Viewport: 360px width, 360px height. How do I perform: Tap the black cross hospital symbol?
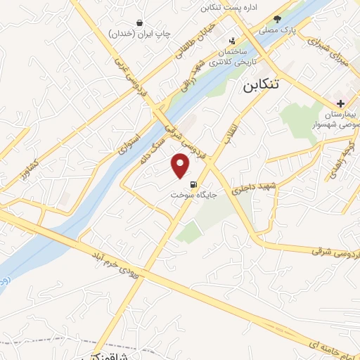tap(341, 103)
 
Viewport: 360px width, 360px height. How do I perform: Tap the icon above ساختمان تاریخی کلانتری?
tap(233, 41)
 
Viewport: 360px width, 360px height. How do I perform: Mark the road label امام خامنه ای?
tap(323, 340)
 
